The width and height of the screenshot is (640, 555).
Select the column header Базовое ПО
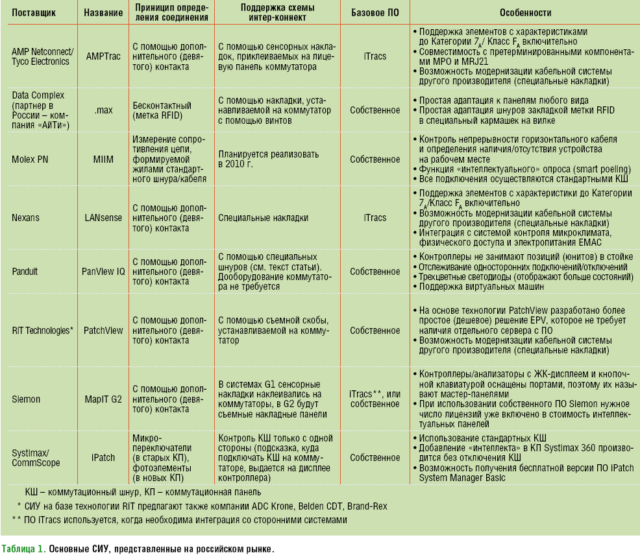pos(375,12)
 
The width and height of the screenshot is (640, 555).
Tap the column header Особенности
pos(526,12)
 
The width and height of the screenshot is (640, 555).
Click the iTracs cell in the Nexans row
pos(375,218)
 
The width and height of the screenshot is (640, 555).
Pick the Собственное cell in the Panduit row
pos(375,271)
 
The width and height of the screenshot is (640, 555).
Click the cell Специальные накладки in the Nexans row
pos(263,218)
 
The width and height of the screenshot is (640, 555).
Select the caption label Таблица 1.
pos(23,548)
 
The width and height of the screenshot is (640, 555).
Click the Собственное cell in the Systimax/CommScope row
pos(375,457)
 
